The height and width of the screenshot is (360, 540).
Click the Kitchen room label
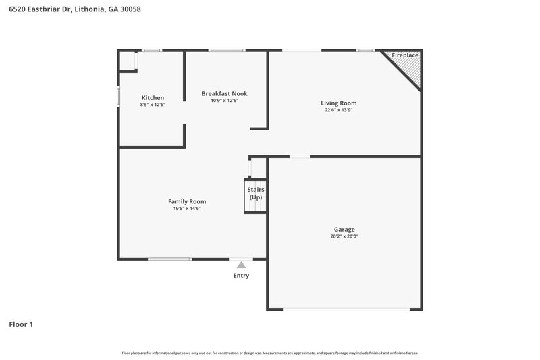coord(153,98)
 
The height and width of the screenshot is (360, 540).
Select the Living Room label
coord(338,103)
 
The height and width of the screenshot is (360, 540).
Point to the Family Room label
coord(187,201)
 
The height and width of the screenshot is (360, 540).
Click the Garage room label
coord(344,230)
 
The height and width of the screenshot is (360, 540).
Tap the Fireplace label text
coord(405,55)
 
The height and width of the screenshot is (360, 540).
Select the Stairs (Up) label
coord(256,194)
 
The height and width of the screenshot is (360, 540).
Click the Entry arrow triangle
coord(241,265)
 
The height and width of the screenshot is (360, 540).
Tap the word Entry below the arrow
coord(241,276)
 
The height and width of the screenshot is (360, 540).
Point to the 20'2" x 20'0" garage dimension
coord(344,237)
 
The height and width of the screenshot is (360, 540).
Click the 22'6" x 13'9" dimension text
coord(338,110)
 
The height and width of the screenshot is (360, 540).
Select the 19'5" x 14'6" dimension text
coord(187,209)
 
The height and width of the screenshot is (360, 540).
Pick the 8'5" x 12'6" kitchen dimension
coord(153,105)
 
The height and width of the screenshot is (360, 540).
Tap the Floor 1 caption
coord(21,325)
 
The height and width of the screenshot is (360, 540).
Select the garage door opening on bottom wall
coord(345,309)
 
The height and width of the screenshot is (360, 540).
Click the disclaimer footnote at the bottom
coord(269,353)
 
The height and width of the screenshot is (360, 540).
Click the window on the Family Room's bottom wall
coord(169,259)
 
